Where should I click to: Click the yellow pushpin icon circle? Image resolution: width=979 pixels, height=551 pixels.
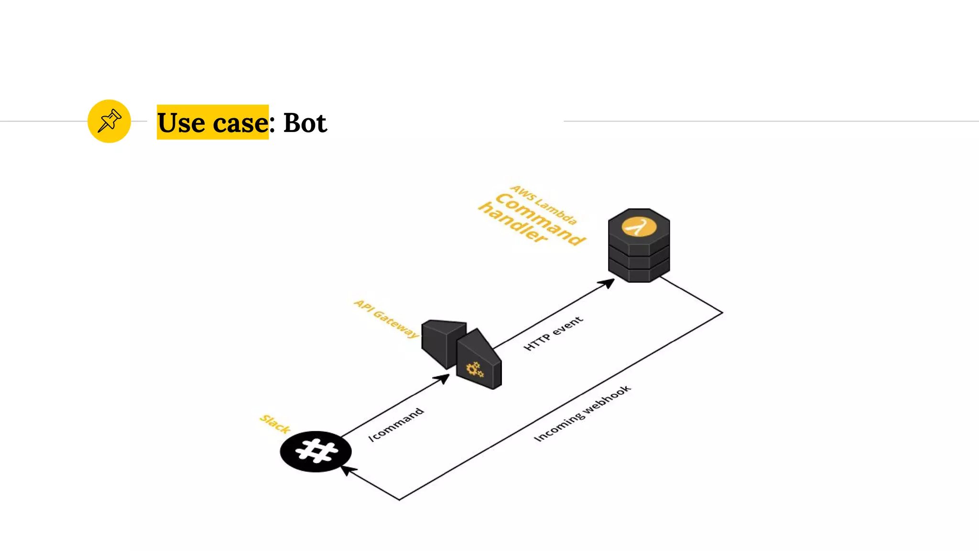click(109, 121)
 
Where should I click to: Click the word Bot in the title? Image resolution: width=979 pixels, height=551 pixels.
click(305, 123)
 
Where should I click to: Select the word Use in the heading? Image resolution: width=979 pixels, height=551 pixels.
click(181, 123)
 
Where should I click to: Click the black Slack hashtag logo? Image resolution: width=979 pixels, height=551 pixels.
click(315, 452)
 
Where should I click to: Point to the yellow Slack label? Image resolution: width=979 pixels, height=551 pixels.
click(275, 424)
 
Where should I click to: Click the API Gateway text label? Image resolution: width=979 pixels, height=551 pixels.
click(386, 319)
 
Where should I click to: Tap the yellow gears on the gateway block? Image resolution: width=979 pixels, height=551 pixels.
click(475, 369)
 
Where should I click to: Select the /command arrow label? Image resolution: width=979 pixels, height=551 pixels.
click(396, 424)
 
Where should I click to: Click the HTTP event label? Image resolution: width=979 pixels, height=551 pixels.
click(553, 333)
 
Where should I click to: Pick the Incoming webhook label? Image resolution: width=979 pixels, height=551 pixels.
click(582, 413)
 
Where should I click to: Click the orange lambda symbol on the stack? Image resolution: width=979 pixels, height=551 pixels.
click(639, 227)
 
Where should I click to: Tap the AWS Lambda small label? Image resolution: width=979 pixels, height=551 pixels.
click(544, 205)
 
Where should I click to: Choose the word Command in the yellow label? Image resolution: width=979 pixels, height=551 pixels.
click(540, 219)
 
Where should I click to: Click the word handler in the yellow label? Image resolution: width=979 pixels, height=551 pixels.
click(512, 222)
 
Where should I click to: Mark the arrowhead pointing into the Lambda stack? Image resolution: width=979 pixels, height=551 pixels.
click(607, 283)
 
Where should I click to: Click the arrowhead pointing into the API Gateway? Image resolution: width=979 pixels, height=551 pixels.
click(442, 379)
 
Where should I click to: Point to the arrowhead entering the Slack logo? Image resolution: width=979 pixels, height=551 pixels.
click(348, 470)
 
